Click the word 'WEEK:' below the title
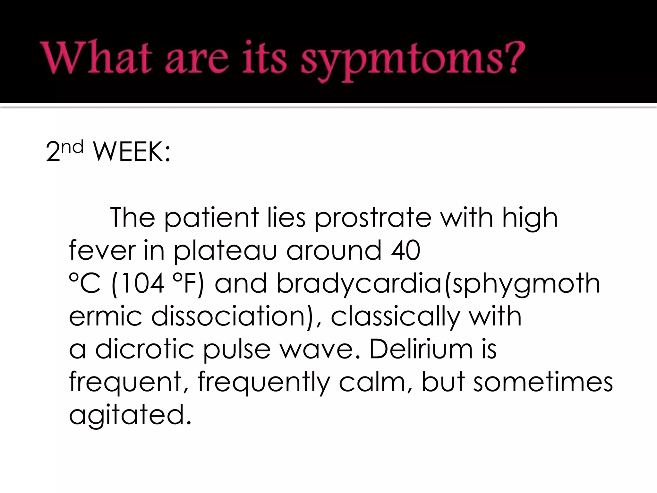click(x=131, y=152)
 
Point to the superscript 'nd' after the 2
click(x=72, y=147)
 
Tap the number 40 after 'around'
click(x=405, y=251)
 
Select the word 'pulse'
click(x=237, y=350)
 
